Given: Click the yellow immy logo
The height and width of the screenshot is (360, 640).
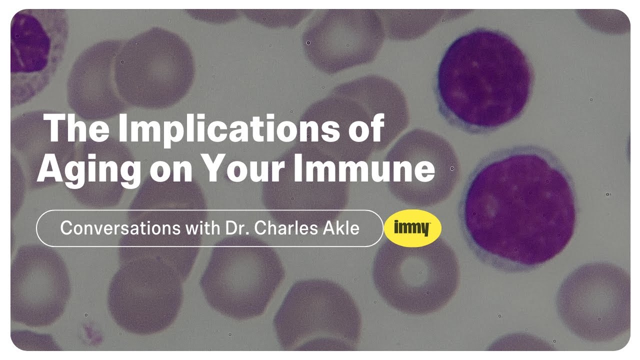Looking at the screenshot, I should pyautogui.click(x=412, y=228).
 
